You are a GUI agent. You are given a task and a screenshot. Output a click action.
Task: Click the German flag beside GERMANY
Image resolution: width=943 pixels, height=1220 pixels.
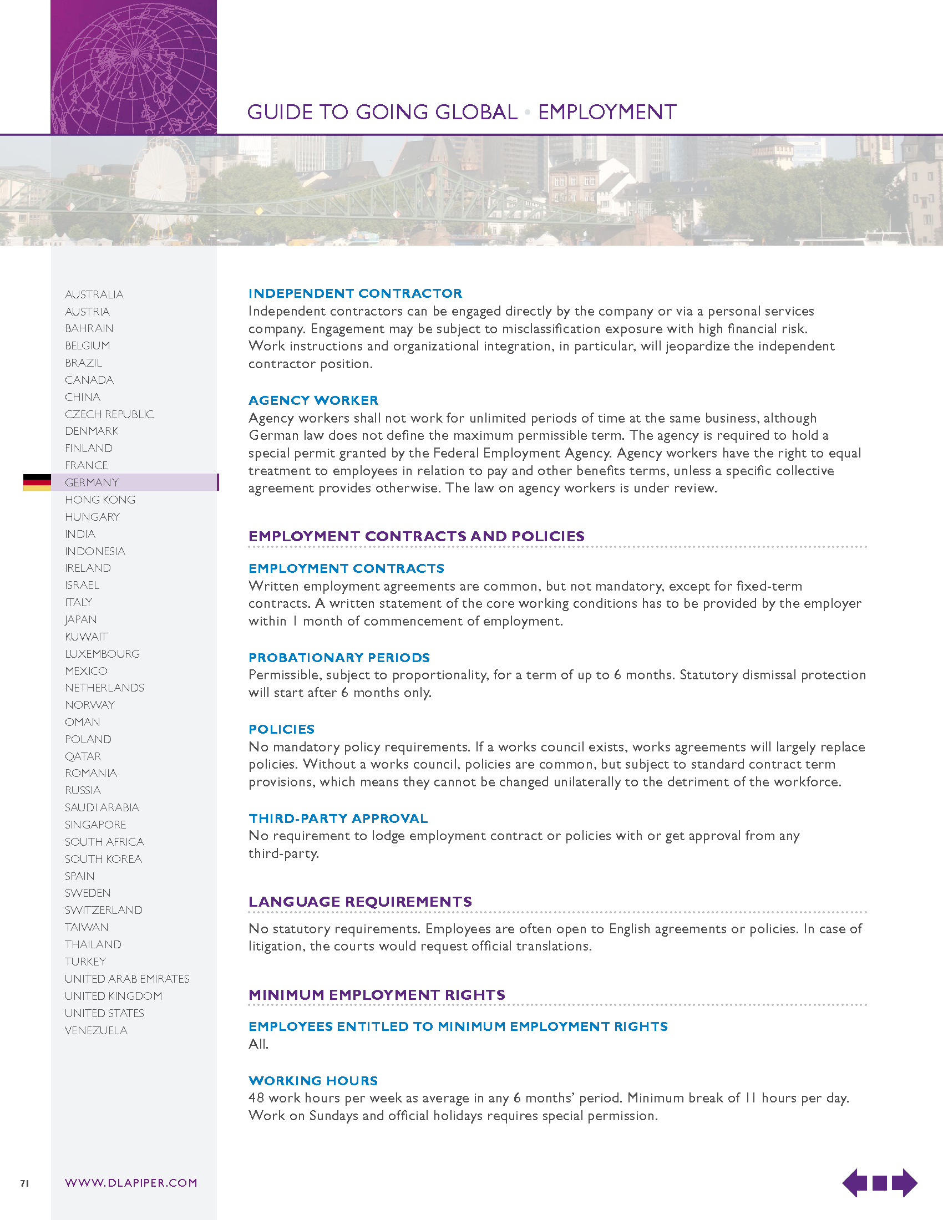[37, 482]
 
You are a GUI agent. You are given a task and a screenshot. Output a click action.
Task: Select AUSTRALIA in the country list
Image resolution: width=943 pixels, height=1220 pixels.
[94, 294]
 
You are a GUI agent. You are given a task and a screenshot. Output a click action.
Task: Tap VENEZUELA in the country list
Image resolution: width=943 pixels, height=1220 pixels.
[96, 1030]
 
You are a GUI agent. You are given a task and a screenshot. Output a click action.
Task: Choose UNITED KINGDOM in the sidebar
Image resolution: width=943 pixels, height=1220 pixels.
[113, 996]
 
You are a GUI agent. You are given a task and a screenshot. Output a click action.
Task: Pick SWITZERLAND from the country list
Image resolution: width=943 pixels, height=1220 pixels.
[103, 910]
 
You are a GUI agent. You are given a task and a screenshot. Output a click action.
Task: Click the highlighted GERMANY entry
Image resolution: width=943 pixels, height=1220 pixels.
[92, 482]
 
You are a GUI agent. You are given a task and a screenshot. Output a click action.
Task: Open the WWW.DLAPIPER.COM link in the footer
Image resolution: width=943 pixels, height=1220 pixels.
[131, 1183]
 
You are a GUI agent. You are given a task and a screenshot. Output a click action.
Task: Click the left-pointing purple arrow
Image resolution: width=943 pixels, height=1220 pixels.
[854, 1183]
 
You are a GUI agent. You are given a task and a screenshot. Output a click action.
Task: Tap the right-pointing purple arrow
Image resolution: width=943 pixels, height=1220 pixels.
[905, 1183]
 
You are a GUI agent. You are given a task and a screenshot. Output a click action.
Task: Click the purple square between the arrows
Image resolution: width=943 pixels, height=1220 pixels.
[879, 1183]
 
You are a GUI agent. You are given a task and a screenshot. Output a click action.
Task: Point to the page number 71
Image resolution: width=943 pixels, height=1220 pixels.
[24, 1183]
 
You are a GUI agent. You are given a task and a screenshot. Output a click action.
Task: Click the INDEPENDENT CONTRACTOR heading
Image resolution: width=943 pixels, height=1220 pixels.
[355, 293]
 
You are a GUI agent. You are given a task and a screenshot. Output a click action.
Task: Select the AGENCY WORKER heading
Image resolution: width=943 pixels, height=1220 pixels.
[313, 400]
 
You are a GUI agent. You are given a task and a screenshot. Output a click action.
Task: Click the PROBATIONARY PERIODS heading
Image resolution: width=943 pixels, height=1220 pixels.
[339, 658]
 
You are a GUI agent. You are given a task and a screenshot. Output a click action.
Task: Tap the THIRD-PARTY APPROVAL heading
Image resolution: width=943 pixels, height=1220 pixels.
[338, 819]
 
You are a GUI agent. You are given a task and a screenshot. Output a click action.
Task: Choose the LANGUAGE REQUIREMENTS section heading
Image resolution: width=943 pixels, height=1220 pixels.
[360, 902]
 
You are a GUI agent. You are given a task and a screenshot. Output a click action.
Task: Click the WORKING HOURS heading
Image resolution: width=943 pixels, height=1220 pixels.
[313, 1080]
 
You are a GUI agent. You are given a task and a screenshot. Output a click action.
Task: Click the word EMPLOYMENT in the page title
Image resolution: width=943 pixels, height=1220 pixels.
[607, 112]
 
